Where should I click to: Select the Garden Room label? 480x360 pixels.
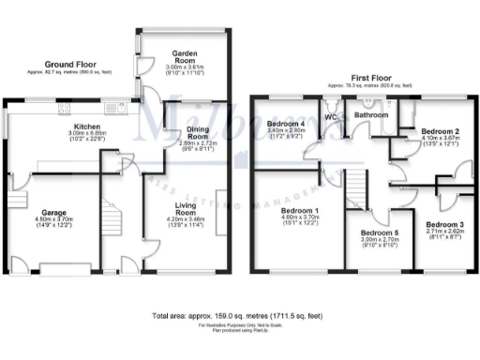pyautogui.click(x=181, y=53)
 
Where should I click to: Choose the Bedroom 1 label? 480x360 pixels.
pyautogui.click(x=299, y=211)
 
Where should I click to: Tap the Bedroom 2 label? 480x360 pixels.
pyautogui.click(x=439, y=132)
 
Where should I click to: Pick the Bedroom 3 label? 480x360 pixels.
pyautogui.click(x=443, y=225)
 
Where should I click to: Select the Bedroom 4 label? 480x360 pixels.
pyautogui.click(x=285, y=124)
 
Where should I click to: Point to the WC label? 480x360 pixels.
pyautogui.click(x=330, y=117)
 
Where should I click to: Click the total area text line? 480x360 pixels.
pyautogui.click(x=239, y=316)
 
